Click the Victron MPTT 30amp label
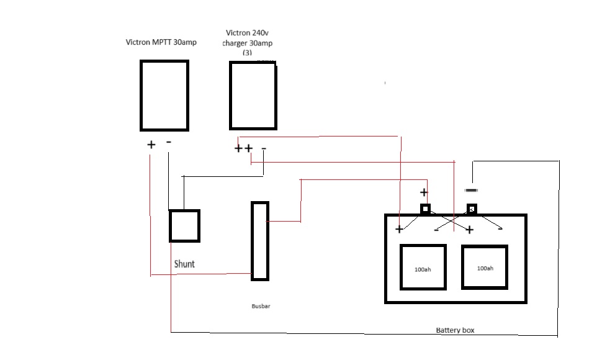(161, 42)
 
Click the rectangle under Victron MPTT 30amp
(140, 96)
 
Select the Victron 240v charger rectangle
(230, 96)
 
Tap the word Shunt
(184, 264)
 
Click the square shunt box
(170, 226)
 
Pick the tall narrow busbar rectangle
(252, 241)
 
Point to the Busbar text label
(261, 306)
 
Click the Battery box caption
(455, 330)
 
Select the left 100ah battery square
(401, 267)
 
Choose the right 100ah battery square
(462, 267)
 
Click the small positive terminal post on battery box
(425, 209)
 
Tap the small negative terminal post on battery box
(472, 209)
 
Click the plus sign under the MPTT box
(151, 145)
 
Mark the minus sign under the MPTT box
(169, 142)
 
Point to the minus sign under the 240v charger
(264, 148)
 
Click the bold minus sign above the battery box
(471, 191)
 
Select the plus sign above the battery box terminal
(424, 192)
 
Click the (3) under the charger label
(247, 53)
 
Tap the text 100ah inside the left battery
(423, 269)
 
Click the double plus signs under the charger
(243, 148)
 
